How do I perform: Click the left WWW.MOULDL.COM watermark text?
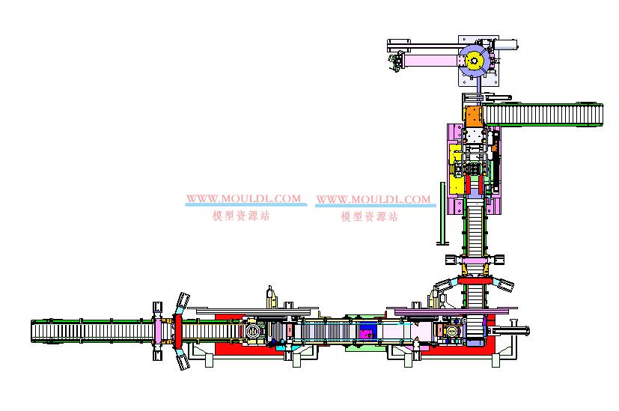click(x=243, y=198)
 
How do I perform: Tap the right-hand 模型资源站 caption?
click(x=370, y=216)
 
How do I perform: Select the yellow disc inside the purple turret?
click(x=474, y=61)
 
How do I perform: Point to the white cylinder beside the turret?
click(x=506, y=44)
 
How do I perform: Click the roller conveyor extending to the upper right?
click(x=543, y=115)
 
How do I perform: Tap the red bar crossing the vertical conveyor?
click(x=475, y=281)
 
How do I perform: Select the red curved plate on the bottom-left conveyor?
click(x=178, y=330)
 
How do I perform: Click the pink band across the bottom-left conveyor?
click(x=158, y=331)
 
